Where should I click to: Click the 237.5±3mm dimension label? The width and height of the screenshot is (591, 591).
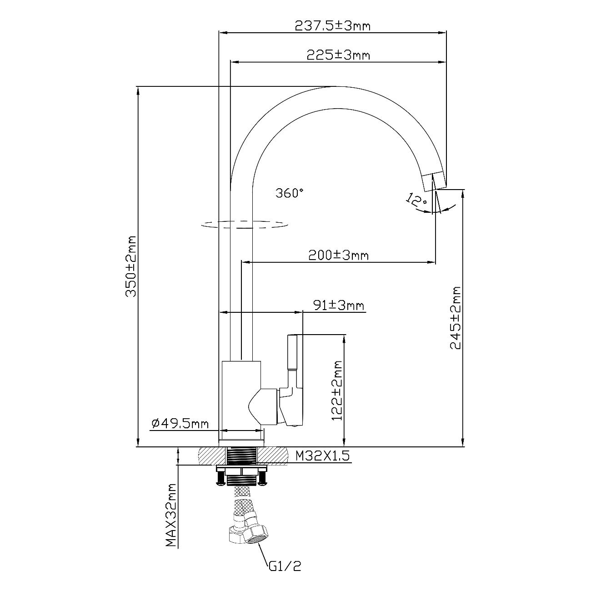[x=332, y=26]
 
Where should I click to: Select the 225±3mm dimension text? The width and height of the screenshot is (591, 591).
[x=338, y=55]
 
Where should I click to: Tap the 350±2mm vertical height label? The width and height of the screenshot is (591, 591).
[x=131, y=266]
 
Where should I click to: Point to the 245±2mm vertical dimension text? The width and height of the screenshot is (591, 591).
[x=456, y=317]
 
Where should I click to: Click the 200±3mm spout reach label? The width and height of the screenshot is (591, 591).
[x=338, y=255]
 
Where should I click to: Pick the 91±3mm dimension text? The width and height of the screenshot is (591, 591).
[x=340, y=305]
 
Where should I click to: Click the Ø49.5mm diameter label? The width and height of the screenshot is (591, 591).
[x=180, y=424]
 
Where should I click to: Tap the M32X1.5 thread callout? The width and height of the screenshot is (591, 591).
[x=322, y=456]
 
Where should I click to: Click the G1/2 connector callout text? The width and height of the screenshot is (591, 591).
[x=285, y=566]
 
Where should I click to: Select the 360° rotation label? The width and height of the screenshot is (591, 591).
[x=289, y=193]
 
